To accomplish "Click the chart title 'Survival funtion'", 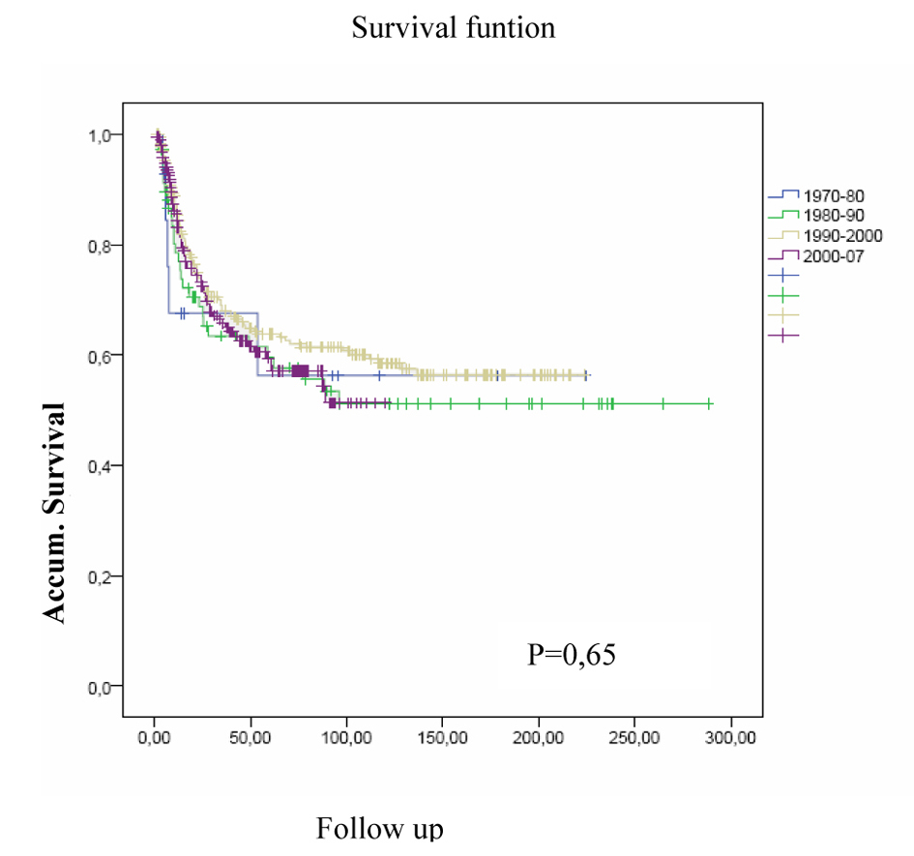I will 453,27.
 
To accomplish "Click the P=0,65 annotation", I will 572,655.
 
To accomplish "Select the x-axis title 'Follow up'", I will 379,830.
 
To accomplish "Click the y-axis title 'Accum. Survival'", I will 55,513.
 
